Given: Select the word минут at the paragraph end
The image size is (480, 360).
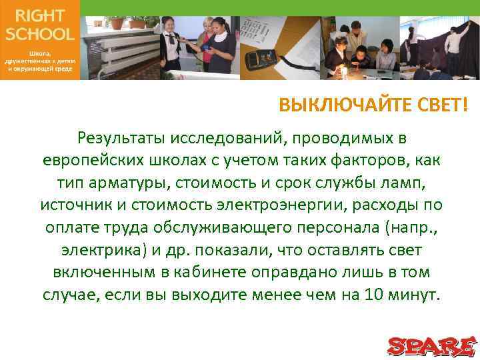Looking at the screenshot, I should pos(415,295).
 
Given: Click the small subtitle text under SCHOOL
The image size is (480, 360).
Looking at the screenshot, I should pos(39,61).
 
